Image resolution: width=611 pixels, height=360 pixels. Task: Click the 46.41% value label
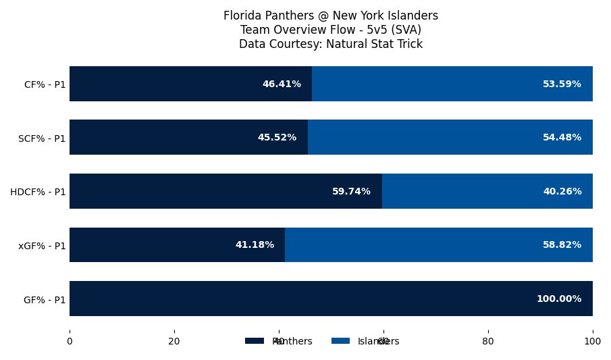click(x=282, y=84)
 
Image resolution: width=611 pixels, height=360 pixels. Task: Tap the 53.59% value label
click(x=562, y=84)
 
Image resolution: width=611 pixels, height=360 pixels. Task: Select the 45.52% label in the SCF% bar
click(x=277, y=137)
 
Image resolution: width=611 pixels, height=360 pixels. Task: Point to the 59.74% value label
click(x=351, y=191)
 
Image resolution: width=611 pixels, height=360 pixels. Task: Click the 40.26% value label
click(x=562, y=191)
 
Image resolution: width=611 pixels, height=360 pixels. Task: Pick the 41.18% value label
click(x=255, y=245)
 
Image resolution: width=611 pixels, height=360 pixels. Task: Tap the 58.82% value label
click(x=562, y=245)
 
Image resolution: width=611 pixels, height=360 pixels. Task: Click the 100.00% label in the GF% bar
click(x=558, y=299)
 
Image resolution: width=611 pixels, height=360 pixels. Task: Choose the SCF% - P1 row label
click(x=42, y=138)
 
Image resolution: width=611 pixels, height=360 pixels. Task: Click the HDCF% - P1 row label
click(x=38, y=192)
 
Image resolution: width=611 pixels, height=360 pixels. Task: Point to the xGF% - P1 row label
click(x=42, y=245)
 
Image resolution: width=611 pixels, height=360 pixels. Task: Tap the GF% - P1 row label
click(x=45, y=299)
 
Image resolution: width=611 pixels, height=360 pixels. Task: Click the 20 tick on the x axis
click(x=174, y=342)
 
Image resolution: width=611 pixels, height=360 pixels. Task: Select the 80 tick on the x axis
click(x=488, y=342)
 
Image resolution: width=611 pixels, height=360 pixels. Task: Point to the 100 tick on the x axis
click(x=593, y=342)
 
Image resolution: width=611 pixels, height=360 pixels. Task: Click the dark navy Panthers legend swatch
click(x=254, y=341)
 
